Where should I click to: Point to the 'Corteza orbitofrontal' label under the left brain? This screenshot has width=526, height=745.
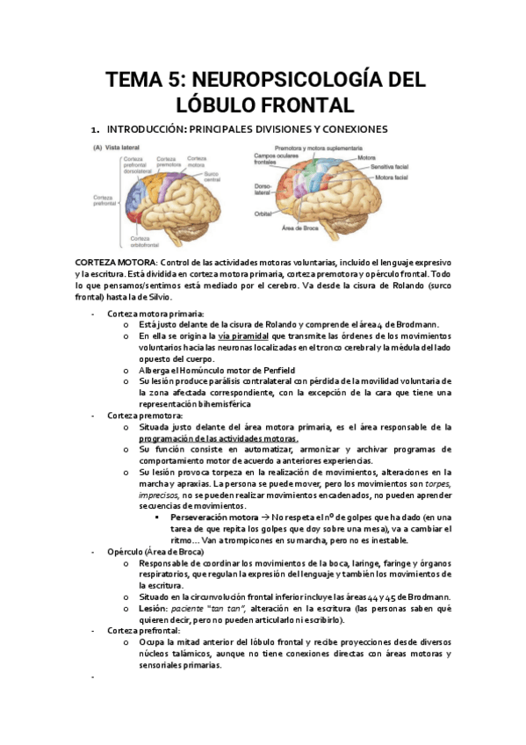tap(145, 242)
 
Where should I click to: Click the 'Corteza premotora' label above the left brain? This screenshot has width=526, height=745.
tap(169, 162)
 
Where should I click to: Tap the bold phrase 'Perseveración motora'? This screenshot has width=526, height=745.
tap(213, 517)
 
